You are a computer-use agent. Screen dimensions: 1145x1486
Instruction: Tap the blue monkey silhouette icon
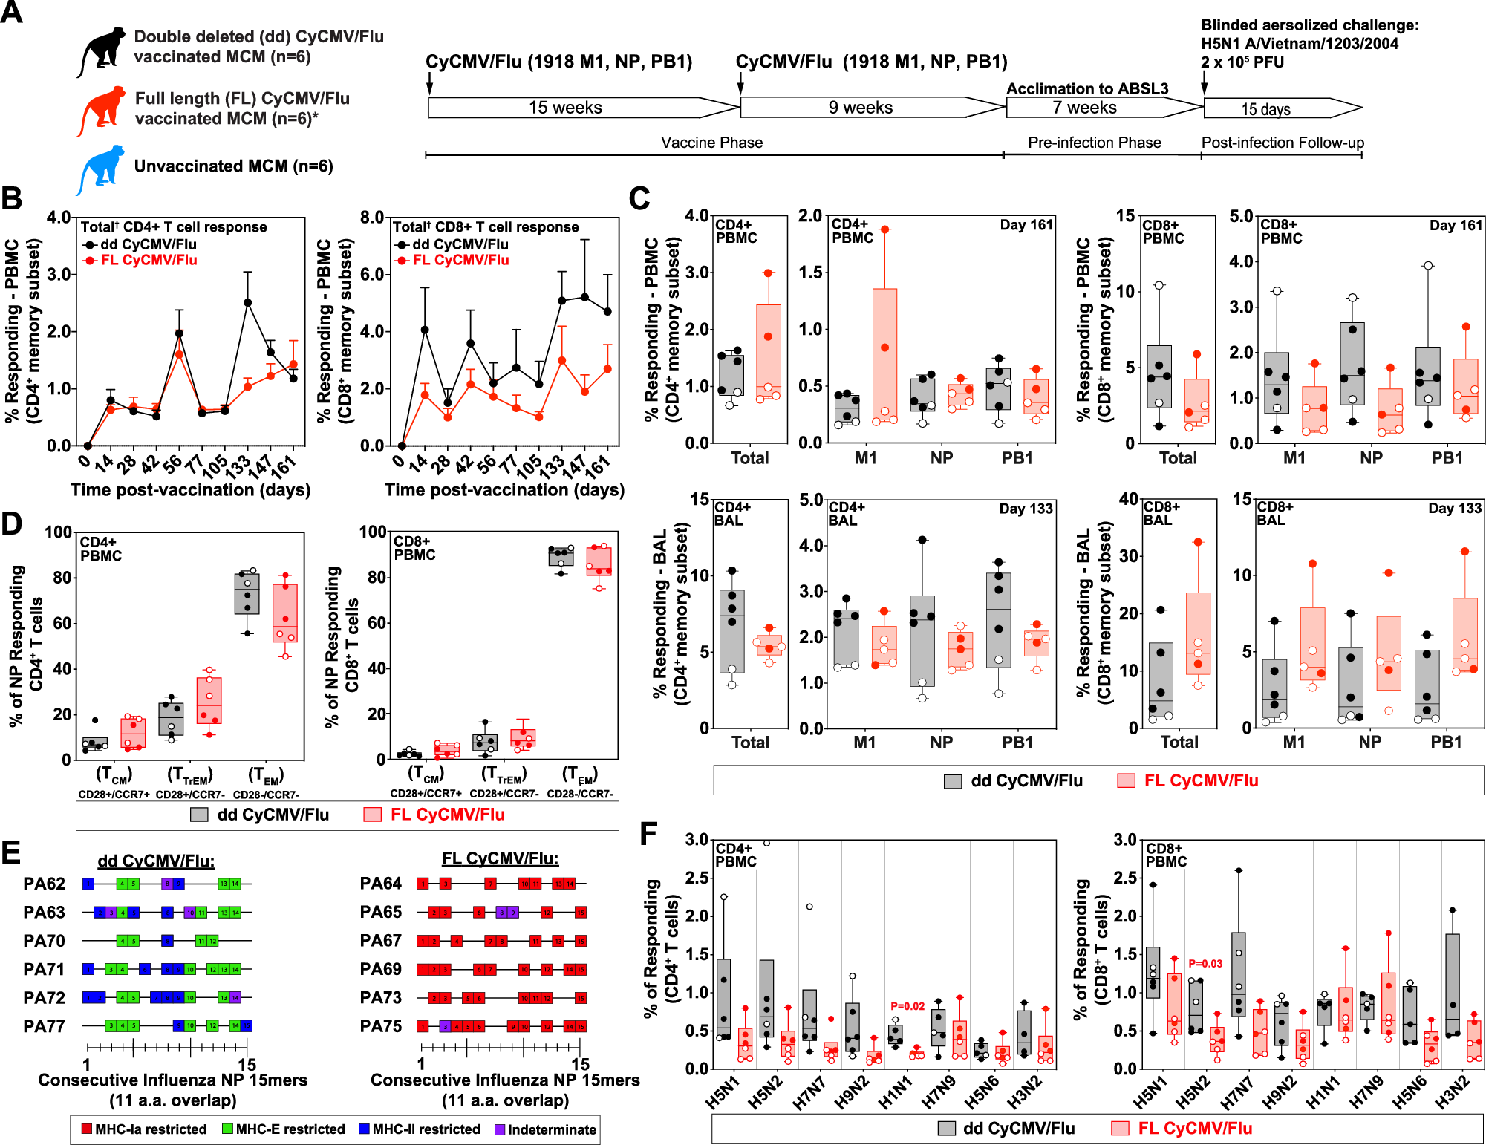[101, 169]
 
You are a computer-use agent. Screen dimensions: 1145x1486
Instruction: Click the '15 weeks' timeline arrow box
[566, 108]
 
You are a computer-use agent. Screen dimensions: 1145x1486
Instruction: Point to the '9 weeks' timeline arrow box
[861, 108]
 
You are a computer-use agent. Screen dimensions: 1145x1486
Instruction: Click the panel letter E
[11, 852]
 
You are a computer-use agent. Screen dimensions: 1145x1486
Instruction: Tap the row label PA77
[44, 1026]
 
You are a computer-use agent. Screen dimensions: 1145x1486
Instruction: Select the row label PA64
[380, 883]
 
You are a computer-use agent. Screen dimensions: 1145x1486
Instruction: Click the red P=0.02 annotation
[907, 1006]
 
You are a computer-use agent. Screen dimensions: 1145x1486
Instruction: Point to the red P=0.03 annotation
[1205, 963]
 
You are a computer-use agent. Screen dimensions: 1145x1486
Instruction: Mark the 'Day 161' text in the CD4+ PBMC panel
[1026, 225]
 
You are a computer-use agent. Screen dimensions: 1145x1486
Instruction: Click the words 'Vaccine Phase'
[711, 143]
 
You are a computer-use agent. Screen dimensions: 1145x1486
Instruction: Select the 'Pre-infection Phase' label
[1094, 143]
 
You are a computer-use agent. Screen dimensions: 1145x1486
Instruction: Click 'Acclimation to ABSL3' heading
[1087, 88]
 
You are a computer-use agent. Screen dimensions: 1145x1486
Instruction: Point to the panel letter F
[648, 833]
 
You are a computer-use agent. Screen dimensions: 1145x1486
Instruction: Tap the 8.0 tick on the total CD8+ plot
[372, 218]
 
